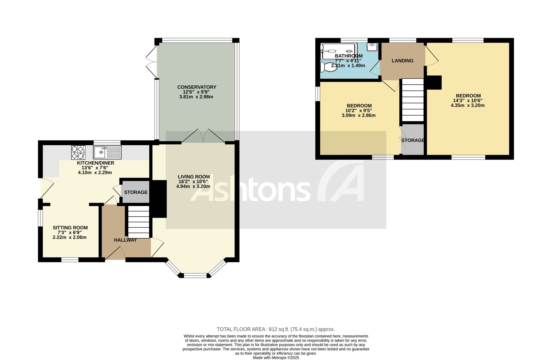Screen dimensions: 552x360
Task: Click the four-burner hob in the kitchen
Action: tap(78, 153)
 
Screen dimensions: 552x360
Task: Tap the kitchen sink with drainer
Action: tap(107, 153)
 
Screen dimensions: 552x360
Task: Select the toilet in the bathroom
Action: tap(328, 66)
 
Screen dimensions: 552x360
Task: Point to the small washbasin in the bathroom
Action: tap(372, 47)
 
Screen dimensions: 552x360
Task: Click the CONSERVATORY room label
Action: tap(197, 87)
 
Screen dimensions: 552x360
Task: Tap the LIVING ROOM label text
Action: tap(194, 177)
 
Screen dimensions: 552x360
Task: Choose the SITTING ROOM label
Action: tap(70, 228)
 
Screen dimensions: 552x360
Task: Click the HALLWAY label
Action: tap(125, 240)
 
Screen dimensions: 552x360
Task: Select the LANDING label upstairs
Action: tap(402, 61)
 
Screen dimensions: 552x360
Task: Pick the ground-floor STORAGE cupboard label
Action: tap(136, 192)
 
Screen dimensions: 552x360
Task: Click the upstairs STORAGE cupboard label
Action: tap(413, 140)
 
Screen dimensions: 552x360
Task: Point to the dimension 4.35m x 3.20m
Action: tap(468, 105)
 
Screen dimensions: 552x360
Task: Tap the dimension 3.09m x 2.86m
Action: tap(359, 115)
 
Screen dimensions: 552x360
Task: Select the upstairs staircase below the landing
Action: tap(413, 100)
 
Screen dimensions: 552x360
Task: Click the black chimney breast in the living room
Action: tap(160, 199)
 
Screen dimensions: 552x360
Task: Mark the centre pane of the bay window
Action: tap(195, 275)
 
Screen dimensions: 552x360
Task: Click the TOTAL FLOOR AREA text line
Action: tap(276, 329)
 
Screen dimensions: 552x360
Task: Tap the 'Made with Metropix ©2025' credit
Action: tap(276, 358)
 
